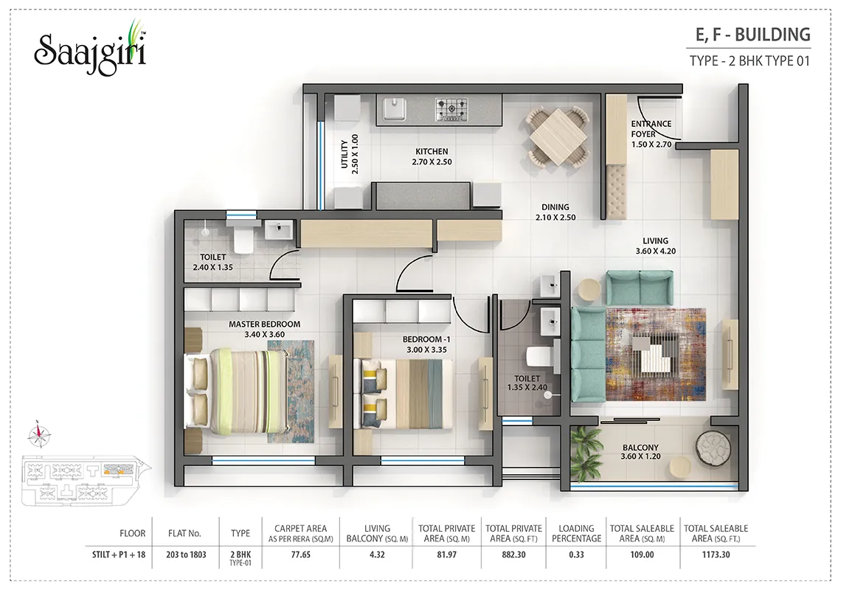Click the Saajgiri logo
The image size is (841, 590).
90,49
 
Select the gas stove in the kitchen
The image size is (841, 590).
451,109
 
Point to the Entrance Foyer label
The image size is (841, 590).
651,133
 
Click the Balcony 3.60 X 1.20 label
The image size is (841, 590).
640,451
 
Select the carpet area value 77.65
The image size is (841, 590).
300,555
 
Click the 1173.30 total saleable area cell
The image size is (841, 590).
716,555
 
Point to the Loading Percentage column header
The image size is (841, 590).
577,533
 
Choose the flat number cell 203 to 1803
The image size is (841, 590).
186,555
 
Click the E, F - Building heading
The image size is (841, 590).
753,35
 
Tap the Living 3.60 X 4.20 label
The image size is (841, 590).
655,246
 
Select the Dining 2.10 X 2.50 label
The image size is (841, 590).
555,212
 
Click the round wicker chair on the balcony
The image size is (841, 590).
713,446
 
